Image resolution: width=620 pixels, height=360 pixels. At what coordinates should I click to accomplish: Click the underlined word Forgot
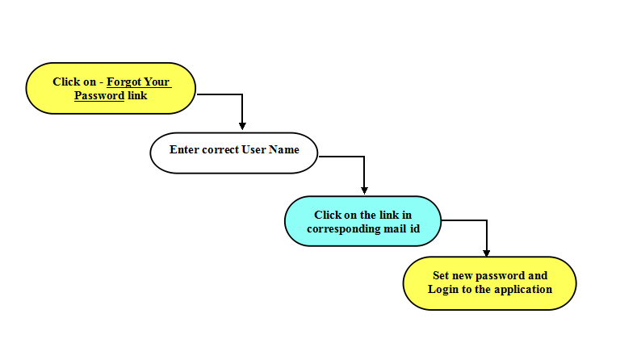pos(124,82)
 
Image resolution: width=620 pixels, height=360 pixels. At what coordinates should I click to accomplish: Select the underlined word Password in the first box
pos(99,95)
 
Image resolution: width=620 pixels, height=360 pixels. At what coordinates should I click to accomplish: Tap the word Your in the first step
pos(157,82)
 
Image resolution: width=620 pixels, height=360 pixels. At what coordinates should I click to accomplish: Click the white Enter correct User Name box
pos(233,153)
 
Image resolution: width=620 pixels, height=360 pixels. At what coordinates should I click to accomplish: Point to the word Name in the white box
pos(284,150)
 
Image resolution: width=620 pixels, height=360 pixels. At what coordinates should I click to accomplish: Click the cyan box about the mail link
pos(362,221)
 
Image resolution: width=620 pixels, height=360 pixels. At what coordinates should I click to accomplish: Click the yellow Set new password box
pos(489,283)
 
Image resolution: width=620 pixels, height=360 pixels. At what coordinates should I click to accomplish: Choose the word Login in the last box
pos(443,290)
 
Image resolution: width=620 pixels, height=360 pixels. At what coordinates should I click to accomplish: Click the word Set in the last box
pos(441,275)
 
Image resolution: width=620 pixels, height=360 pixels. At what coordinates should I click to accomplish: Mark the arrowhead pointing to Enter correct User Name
pos(242,126)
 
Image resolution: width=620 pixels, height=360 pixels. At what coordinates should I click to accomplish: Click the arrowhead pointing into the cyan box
pos(364,190)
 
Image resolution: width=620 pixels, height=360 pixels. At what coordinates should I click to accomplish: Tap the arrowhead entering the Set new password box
pos(486,253)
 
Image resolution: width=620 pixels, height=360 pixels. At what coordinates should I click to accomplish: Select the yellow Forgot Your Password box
pos(111,88)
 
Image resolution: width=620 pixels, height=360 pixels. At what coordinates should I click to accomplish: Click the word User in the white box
pos(253,150)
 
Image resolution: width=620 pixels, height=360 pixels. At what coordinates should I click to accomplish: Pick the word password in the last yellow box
pos(501,276)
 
